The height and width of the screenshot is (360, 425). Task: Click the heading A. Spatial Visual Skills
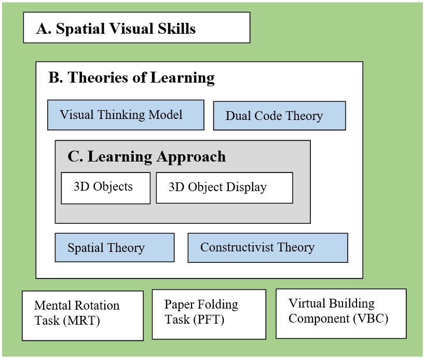[116, 29]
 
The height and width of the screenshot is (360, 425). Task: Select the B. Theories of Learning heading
[131, 78]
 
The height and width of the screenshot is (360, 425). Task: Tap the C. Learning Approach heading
[147, 156]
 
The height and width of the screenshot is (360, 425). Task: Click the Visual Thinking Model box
[126, 115]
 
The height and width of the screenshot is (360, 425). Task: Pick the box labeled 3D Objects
[105, 188]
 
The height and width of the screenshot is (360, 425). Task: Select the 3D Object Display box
[224, 188]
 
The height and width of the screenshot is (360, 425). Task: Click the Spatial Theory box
[114, 247]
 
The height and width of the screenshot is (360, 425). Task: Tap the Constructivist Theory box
[267, 247]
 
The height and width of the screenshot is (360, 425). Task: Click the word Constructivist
[232, 247]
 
